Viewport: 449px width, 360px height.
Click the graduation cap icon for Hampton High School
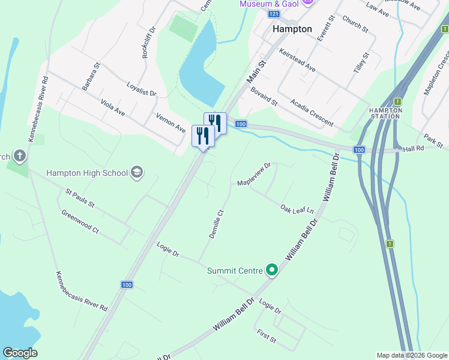[x=137, y=173]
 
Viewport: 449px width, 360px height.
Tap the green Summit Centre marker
[x=272, y=271]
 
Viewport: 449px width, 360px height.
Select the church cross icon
[x=19, y=157]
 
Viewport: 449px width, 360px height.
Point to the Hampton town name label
[x=292, y=29]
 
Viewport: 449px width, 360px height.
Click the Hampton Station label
[x=385, y=113]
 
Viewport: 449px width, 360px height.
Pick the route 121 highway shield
[x=274, y=13]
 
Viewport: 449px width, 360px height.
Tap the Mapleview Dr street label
[x=255, y=173]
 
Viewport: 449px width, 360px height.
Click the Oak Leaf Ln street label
[x=297, y=209]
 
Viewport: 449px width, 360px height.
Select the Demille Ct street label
[x=216, y=224]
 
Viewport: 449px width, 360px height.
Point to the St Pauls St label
[x=80, y=199]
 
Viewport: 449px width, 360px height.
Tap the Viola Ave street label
[x=112, y=107]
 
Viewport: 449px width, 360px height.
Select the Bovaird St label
[x=264, y=95]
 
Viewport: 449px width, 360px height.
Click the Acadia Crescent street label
[x=312, y=113]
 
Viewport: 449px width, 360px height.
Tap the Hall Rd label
[x=414, y=148]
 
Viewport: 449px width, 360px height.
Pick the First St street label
[x=265, y=336]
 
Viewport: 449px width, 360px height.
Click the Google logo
[x=20, y=353]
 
